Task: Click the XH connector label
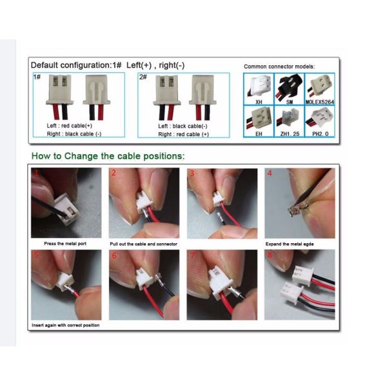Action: coord(259,102)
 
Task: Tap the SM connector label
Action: coord(289,102)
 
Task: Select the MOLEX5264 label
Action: coord(320,102)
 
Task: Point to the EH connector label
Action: coord(259,134)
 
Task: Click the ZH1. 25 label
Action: coord(290,134)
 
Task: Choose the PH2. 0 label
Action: coord(320,134)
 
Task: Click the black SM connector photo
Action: coord(289,86)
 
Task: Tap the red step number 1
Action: coord(37,173)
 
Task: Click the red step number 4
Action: coord(270,173)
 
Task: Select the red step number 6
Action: coord(114,255)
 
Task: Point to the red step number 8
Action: coord(270,255)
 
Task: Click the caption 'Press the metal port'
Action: coord(65,244)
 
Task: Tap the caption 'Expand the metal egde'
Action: coord(290,244)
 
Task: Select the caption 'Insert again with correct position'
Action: coord(65,325)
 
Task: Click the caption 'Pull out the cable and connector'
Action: coord(143,244)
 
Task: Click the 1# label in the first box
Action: coord(37,77)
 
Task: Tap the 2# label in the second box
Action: coord(143,77)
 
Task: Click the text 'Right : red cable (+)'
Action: coord(183,134)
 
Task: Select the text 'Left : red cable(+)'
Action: coord(70,126)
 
